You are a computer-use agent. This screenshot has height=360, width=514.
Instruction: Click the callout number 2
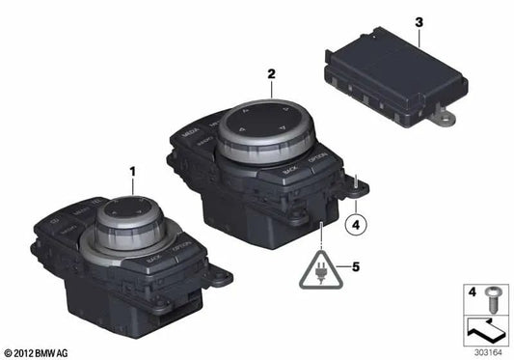click(x=272, y=72)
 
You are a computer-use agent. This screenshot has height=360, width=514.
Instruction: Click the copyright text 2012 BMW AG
click(x=39, y=352)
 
